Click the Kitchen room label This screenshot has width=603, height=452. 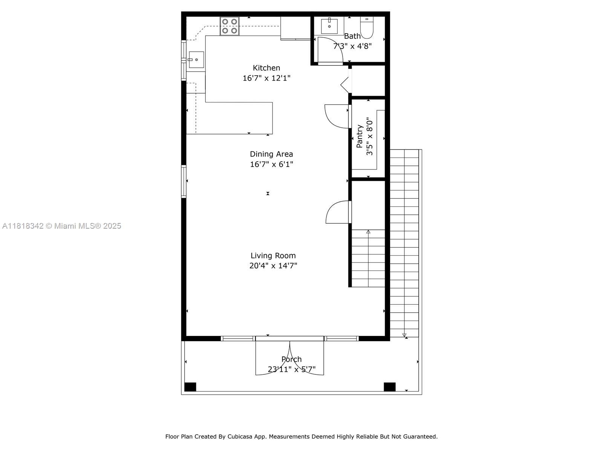[x=266, y=68]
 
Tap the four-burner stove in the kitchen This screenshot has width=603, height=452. [x=230, y=26]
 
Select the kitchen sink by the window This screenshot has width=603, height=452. [x=196, y=60]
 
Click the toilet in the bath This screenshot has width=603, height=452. [x=367, y=27]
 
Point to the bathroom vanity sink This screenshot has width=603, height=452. [x=329, y=26]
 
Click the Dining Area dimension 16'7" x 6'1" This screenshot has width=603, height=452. [x=271, y=164]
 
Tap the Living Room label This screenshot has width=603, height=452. [x=273, y=255]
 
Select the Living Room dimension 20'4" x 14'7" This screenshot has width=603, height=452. [x=273, y=266]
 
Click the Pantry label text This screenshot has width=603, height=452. [x=360, y=136]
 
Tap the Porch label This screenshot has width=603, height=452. [x=291, y=359]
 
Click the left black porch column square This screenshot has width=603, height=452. [x=190, y=387]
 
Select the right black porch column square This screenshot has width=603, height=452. [x=389, y=387]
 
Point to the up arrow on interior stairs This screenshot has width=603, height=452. [x=368, y=232]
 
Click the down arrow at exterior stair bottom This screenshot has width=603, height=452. [x=404, y=335]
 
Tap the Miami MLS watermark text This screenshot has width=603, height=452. [x=62, y=226]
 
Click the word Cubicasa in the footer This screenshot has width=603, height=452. [x=239, y=437]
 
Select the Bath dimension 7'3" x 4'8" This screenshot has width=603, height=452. [x=352, y=46]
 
